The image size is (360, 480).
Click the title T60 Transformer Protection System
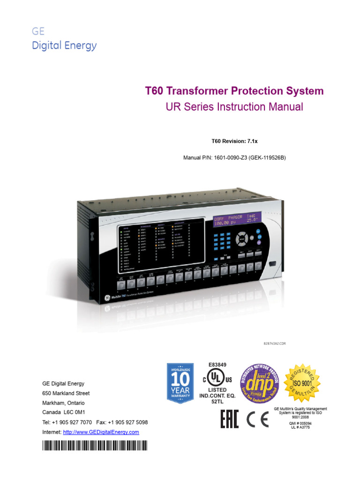(234, 90)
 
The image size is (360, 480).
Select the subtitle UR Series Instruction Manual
(234, 107)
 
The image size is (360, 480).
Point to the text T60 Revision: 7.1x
(234, 140)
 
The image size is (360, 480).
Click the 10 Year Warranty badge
(180, 383)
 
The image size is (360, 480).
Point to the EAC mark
(230, 419)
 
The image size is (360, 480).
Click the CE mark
(257, 420)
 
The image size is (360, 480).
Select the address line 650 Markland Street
(66, 393)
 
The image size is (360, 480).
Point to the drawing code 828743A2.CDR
(275, 344)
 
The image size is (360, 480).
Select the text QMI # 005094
(300, 423)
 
